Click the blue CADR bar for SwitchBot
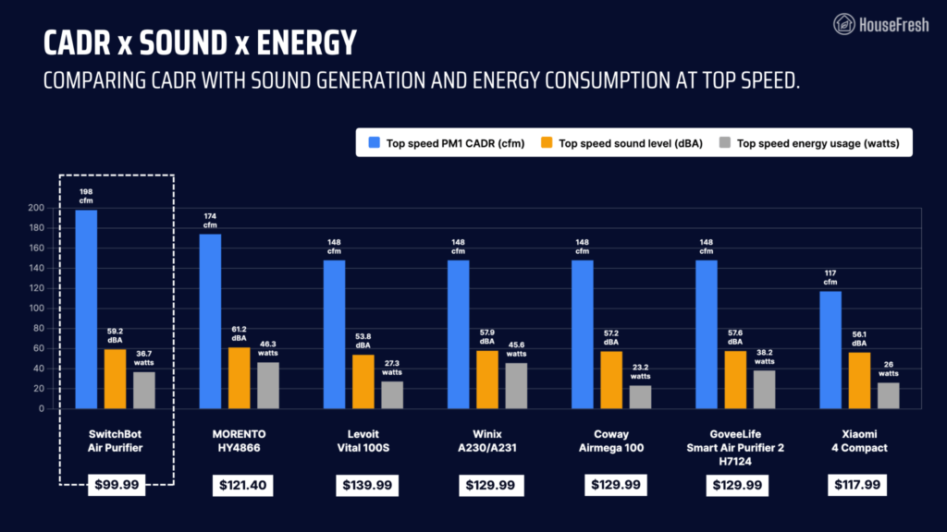point(86,309)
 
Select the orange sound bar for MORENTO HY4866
point(240,378)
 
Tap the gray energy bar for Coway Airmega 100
point(640,397)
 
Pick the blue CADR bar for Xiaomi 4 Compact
point(830,350)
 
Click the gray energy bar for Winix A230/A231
point(516,386)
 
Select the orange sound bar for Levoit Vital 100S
point(363,381)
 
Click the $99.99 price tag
point(117,485)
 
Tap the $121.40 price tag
point(243,486)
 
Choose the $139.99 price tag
point(367,486)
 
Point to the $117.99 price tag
point(857,485)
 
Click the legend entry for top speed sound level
point(622,143)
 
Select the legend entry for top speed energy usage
point(809,143)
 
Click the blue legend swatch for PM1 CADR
point(375,142)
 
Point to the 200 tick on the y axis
point(36,208)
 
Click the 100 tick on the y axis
point(36,308)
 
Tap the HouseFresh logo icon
point(843,24)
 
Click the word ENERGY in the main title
point(306,43)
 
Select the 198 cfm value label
point(86,196)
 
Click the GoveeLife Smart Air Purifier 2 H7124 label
point(735,448)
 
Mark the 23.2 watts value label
point(640,371)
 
